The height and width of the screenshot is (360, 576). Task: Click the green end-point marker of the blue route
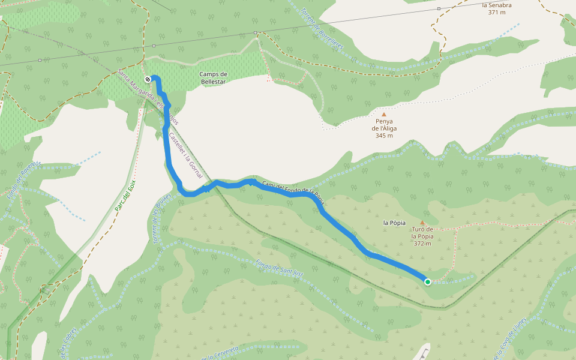click(x=427, y=281)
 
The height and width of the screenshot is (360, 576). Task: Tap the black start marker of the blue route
click(x=148, y=79)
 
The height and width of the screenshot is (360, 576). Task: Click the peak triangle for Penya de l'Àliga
click(x=384, y=113)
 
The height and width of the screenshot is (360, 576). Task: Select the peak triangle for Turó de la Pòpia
click(x=422, y=222)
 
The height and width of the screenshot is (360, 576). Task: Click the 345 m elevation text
click(x=384, y=135)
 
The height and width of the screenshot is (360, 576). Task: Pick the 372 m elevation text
click(x=422, y=243)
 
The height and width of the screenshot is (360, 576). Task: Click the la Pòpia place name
click(x=394, y=223)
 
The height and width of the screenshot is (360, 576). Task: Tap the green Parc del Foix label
click(x=125, y=196)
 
